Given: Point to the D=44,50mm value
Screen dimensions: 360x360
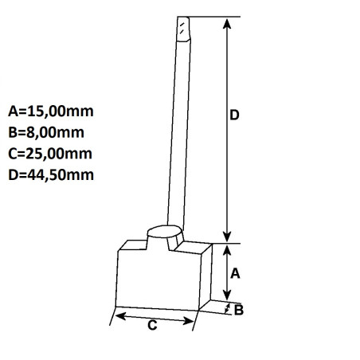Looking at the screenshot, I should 49,174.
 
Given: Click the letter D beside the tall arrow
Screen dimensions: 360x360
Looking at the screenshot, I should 234,115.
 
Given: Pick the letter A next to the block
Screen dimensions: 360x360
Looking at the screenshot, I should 235,273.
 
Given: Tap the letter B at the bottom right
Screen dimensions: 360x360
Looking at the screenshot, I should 238,311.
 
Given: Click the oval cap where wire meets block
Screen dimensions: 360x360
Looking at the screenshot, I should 165,235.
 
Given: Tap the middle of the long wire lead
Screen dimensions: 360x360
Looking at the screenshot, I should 178,127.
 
